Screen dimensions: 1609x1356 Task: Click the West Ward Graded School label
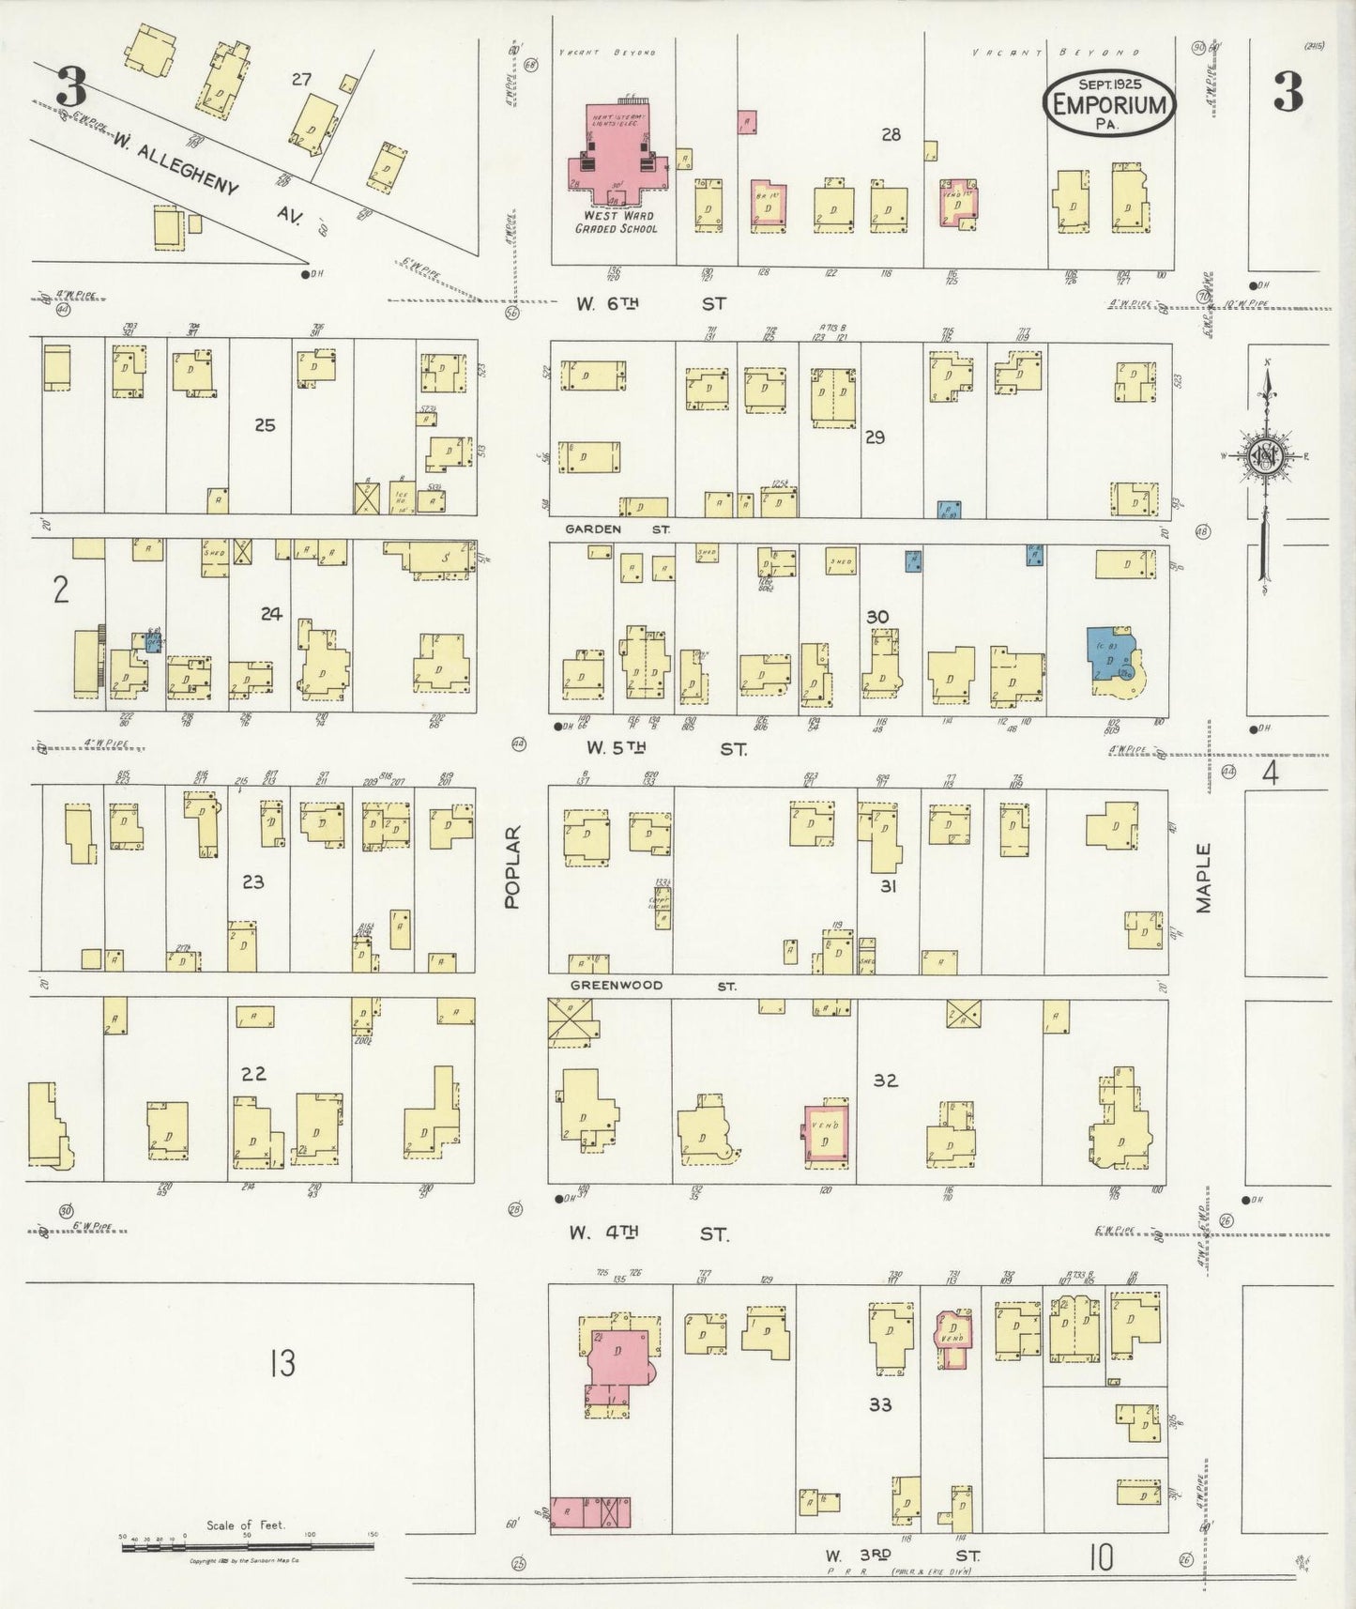617,222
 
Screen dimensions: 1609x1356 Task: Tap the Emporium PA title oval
1108,103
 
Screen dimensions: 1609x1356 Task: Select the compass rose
1267,457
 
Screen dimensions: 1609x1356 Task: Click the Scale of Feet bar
248,1544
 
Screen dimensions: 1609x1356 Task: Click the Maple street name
1204,878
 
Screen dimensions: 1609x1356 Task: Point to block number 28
891,134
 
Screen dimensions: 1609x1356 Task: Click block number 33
879,1404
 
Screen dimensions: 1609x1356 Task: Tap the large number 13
282,1362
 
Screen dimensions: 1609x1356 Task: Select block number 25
265,425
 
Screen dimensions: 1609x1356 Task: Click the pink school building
616,155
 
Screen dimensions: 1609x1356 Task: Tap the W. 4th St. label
648,1234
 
